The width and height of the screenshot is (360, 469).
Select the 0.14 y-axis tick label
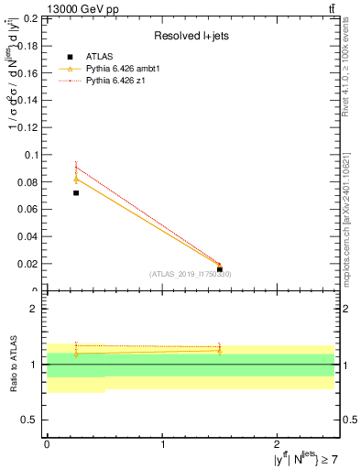pyautogui.click(x=28, y=101)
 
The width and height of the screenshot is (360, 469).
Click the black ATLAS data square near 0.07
pyautogui.click(x=76, y=193)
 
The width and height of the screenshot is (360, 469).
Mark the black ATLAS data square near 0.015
pyautogui.click(x=220, y=269)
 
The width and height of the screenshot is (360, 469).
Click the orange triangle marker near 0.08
pyautogui.click(x=76, y=179)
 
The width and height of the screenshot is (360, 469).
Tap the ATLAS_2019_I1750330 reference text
pyautogui.click(x=191, y=274)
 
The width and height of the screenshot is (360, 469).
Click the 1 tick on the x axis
pyautogui.click(x=162, y=443)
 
